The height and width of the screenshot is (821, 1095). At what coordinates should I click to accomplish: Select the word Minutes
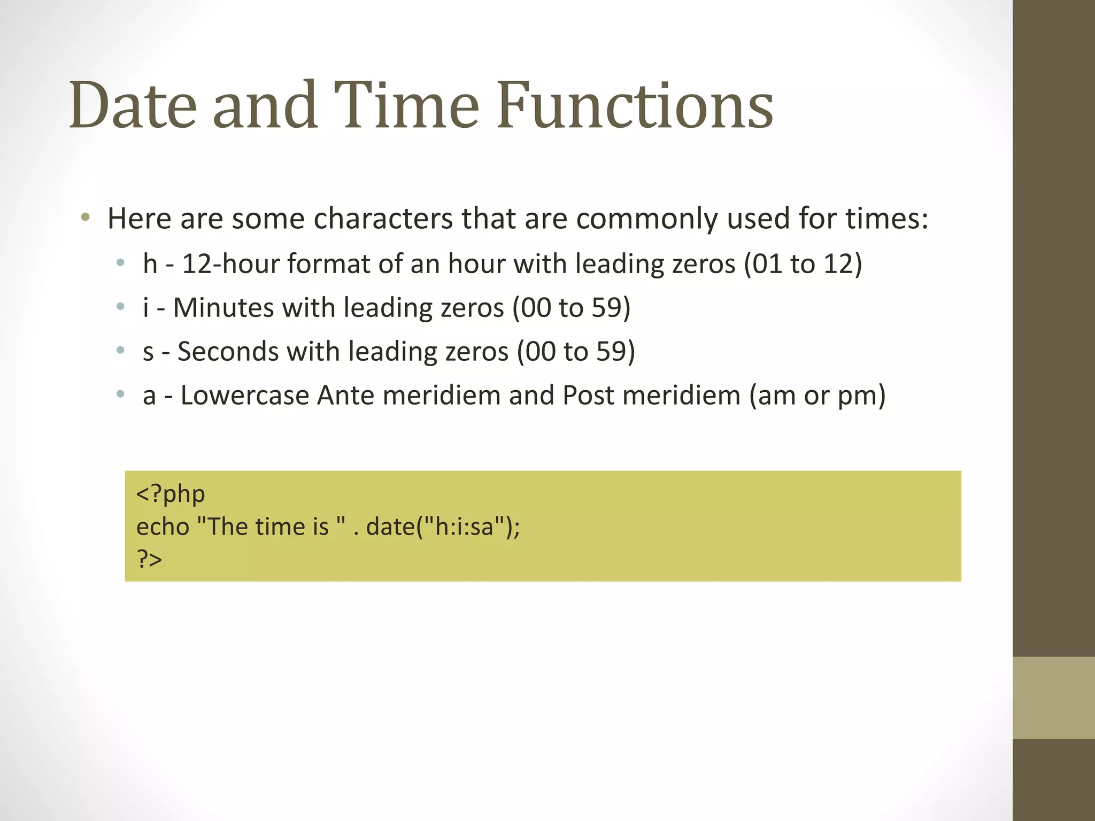[x=223, y=308]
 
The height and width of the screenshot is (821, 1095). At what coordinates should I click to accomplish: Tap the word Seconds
[x=228, y=352]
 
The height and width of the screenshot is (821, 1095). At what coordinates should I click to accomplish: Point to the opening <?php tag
[x=171, y=494]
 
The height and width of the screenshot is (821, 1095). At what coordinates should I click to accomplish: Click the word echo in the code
[x=163, y=526]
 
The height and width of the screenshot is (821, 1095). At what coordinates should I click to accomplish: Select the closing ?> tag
[x=149, y=559]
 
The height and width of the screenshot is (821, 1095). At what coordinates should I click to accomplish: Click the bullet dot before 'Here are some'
[x=85, y=218]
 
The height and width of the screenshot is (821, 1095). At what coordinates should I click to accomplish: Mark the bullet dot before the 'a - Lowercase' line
[x=121, y=395]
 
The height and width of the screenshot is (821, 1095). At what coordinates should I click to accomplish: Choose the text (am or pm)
[x=818, y=396]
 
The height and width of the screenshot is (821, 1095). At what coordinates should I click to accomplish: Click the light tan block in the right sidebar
[x=1054, y=698]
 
